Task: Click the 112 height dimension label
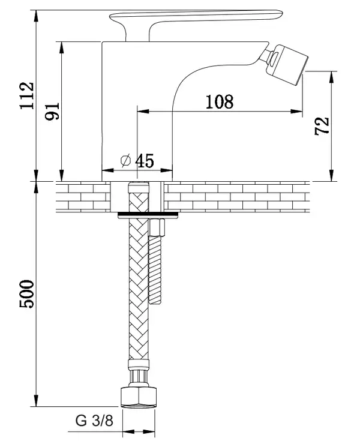click(27, 95)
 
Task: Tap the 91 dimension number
click(53, 112)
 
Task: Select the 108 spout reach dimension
click(220, 101)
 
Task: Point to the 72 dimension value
click(322, 126)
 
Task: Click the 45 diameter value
click(145, 161)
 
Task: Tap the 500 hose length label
click(27, 294)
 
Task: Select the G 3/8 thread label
click(94, 421)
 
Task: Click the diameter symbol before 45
click(126, 161)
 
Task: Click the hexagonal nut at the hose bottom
click(139, 397)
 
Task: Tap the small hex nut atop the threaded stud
click(156, 227)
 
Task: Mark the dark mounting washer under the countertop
click(148, 215)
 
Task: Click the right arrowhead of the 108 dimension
click(297, 112)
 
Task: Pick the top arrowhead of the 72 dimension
click(332, 77)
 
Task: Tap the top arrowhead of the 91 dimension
click(61, 47)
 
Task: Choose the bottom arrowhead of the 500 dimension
click(36, 401)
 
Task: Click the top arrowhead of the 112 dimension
click(36, 16)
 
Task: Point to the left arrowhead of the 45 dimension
click(107, 170)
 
